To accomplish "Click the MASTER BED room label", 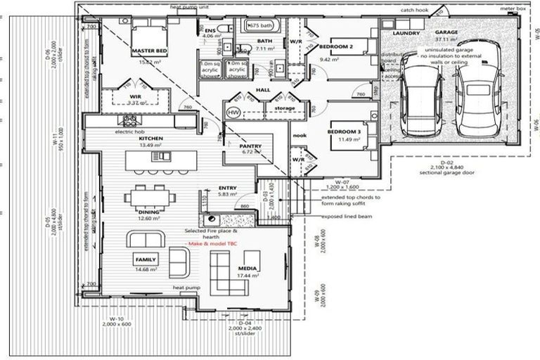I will point(148,51).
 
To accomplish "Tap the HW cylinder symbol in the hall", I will point(233,113).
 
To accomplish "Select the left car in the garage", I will point(419,99).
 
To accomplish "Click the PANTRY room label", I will point(250,146).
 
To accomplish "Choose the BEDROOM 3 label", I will point(345,131).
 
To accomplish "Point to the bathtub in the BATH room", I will point(264,26).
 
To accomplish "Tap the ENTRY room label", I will point(227,188).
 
